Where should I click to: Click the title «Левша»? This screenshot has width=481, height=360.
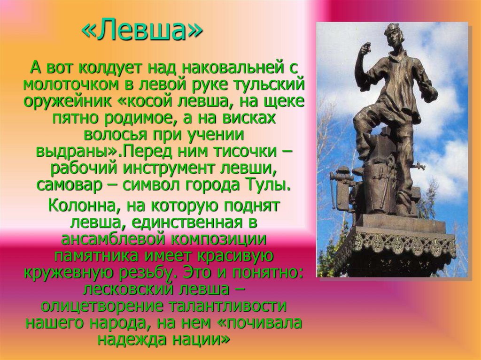(x=142, y=31)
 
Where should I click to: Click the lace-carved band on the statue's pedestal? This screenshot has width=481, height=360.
(x=395, y=244)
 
